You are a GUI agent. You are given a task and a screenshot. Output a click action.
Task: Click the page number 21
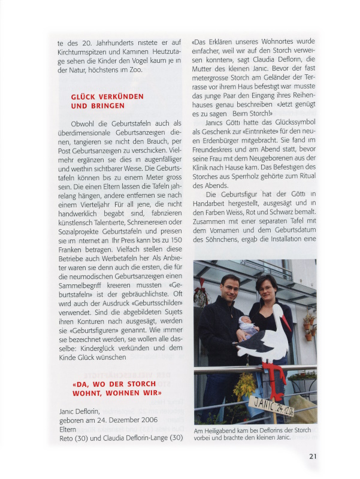[313, 456]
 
